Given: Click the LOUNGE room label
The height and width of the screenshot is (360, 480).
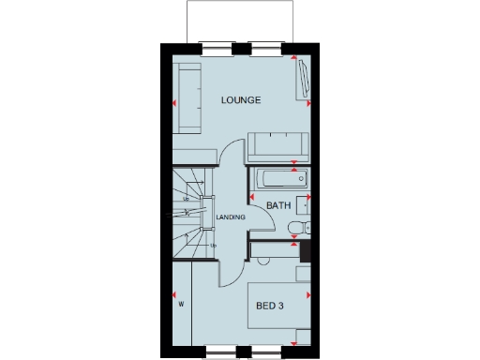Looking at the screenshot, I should [x=240, y=99].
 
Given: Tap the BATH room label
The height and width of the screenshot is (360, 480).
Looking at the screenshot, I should [x=278, y=205].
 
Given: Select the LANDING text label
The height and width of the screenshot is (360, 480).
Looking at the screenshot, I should [x=231, y=217].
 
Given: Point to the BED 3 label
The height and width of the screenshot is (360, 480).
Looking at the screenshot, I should [x=270, y=305].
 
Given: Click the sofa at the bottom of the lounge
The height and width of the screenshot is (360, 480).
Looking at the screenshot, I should [x=278, y=145].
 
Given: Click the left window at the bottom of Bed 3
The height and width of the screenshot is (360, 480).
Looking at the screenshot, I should [x=220, y=352].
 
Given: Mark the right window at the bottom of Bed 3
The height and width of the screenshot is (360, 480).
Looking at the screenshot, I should [x=273, y=352].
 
